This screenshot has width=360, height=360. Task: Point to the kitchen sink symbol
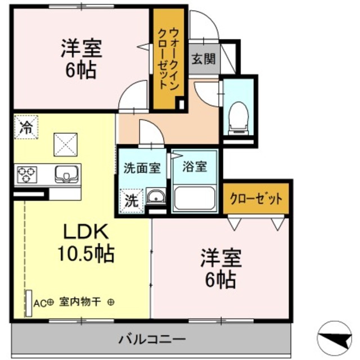[x=67, y=175]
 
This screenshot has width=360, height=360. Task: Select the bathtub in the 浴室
[x=194, y=198]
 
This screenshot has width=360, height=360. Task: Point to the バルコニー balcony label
[x=152, y=339]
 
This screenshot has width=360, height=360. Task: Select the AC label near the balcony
[x=43, y=302]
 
